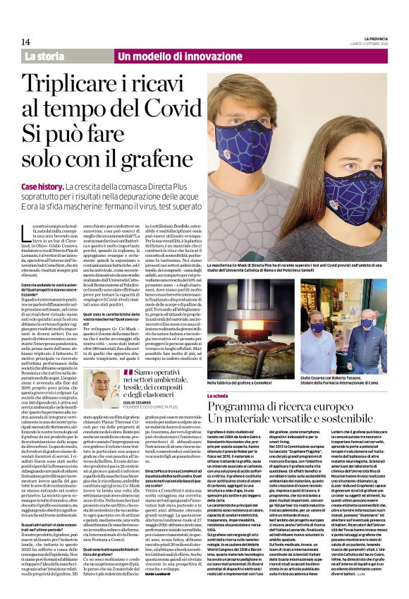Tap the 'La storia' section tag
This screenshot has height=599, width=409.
[44, 56]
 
